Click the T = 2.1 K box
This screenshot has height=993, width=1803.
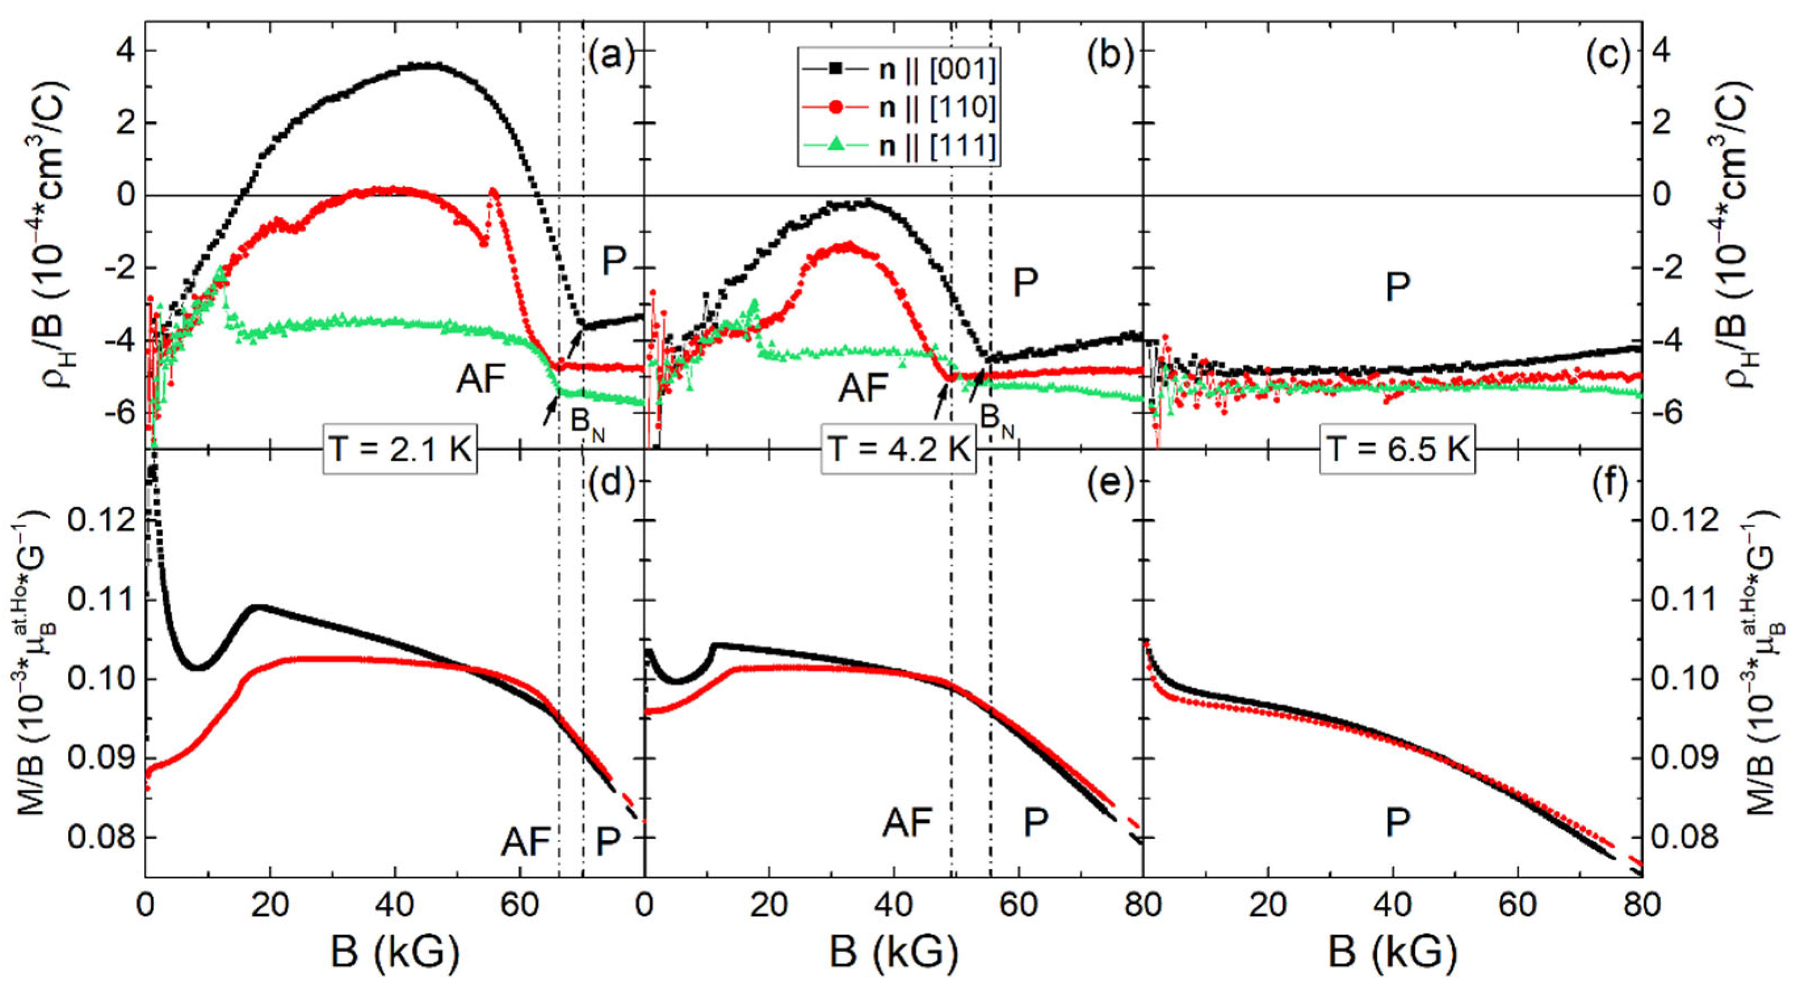(x=400, y=449)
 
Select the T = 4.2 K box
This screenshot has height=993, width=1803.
(x=899, y=449)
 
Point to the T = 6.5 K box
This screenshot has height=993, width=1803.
(x=1398, y=449)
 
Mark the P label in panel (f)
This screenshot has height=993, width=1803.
(x=1398, y=823)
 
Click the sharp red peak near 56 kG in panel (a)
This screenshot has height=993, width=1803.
(x=493, y=190)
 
